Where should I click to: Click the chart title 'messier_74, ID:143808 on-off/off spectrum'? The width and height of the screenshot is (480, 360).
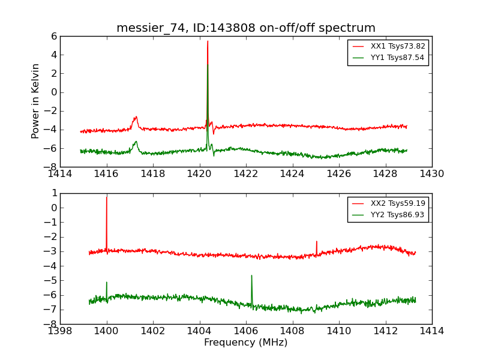pos(245,28)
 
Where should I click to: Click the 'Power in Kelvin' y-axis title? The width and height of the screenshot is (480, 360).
pos(36,101)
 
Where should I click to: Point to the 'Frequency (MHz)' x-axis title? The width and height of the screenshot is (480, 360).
pos(245,343)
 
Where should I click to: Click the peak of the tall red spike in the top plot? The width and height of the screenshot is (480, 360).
pos(208,41)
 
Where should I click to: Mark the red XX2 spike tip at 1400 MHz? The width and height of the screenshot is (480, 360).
pos(107,197)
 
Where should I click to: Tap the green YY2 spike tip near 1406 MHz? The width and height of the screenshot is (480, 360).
pos(251,276)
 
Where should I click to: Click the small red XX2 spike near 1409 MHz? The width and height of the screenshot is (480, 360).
pos(316,242)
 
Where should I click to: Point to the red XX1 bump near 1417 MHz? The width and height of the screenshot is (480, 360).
pos(136,118)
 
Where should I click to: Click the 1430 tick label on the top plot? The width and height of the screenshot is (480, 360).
pos(431,173)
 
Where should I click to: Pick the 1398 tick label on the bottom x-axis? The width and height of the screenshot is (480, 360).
pos(60,331)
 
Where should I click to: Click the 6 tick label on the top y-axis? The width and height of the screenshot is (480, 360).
pos(54,36)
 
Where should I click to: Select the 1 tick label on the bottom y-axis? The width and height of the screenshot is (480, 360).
pos(54,193)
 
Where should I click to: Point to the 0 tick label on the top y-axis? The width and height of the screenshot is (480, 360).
pos(54,92)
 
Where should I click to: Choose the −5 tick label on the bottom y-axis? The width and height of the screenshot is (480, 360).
pos(52,280)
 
